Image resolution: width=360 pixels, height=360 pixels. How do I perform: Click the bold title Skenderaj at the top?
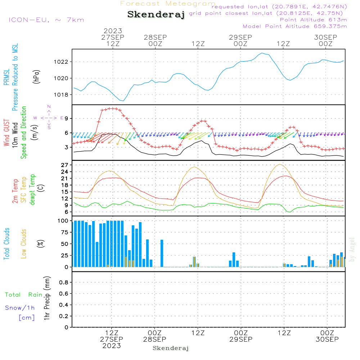[x=156, y=15]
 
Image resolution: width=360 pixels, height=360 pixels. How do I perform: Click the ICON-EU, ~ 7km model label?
[x=46, y=20]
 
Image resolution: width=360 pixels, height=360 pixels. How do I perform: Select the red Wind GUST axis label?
[x=6, y=133]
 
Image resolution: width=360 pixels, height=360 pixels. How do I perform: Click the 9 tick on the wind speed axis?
[x=66, y=118]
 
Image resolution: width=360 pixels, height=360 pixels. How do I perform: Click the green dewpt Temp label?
[x=32, y=190]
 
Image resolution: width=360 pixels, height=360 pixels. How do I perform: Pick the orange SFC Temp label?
[x=24, y=190]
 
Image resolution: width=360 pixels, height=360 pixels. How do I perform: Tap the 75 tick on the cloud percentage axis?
[x=63, y=233]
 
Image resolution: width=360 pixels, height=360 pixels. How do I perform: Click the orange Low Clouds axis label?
[x=24, y=244]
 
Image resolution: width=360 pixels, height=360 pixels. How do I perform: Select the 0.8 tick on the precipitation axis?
[x=63, y=283]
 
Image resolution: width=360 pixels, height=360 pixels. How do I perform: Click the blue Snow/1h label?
[x=20, y=308]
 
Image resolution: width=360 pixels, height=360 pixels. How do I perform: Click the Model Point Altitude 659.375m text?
[x=294, y=26]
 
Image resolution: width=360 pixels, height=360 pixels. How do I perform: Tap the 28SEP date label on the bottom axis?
[x=155, y=339]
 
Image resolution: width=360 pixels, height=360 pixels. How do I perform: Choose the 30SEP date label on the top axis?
[x=325, y=37]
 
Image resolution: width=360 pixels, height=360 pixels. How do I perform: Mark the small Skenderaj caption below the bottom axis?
[x=171, y=348]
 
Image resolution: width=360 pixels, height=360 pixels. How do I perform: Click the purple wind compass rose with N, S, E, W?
[x=49, y=117]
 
